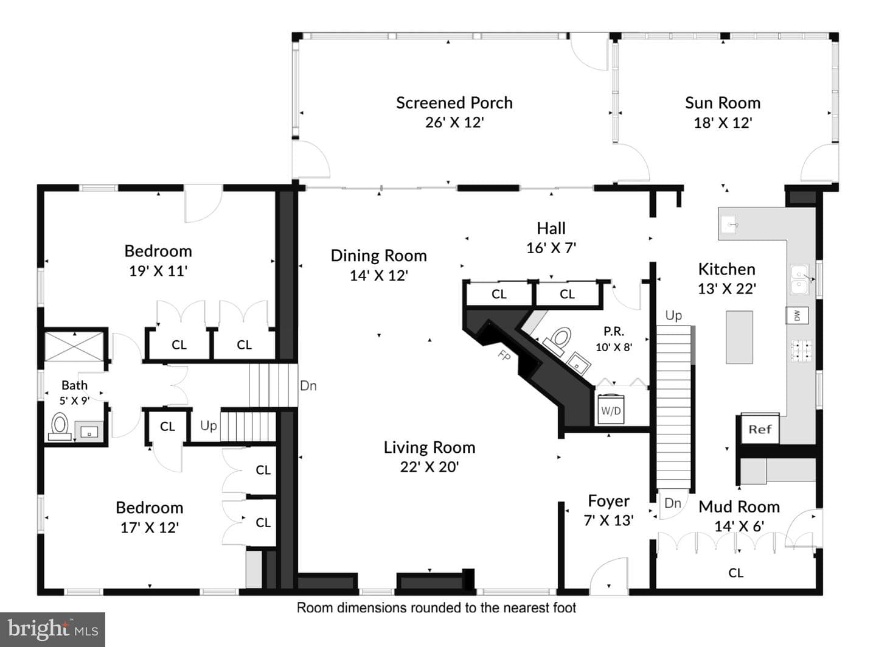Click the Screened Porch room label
tap(454, 103)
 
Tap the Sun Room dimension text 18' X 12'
tap(723, 123)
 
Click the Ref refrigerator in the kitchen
tap(760, 429)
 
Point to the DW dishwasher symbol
tap(797, 315)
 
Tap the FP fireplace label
tap(504, 355)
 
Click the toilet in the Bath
tap(60, 426)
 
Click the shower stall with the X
tap(74, 346)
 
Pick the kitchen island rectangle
tap(739, 337)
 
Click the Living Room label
tap(429, 447)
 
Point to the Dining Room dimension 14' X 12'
tap(378, 276)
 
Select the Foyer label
tap(608, 501)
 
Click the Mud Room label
tap(739, 506)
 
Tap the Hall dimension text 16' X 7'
tap(551, 248)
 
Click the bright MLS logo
tap(52, 629)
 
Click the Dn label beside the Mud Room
tap(673, 503)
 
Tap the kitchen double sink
tap(799, 279)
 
